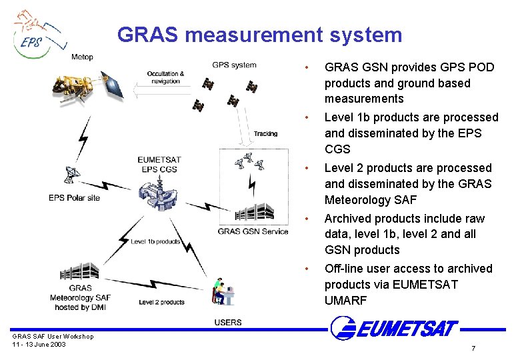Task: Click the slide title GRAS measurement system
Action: coord(260,34)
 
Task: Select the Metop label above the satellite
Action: coord(83,57)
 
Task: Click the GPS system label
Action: coord(234,65)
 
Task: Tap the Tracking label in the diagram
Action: coord(265,133)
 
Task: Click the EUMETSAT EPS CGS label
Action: coord(159,164)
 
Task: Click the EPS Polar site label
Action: coord(75,198)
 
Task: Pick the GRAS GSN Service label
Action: coord(253,231)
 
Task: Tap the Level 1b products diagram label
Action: coord(155,241)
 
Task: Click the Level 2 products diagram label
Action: coord(161,302)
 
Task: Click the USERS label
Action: coord(228,323)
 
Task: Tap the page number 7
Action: coord(473,349)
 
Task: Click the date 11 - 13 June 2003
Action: coord(39,344)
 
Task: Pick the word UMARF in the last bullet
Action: coord(345,301)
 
